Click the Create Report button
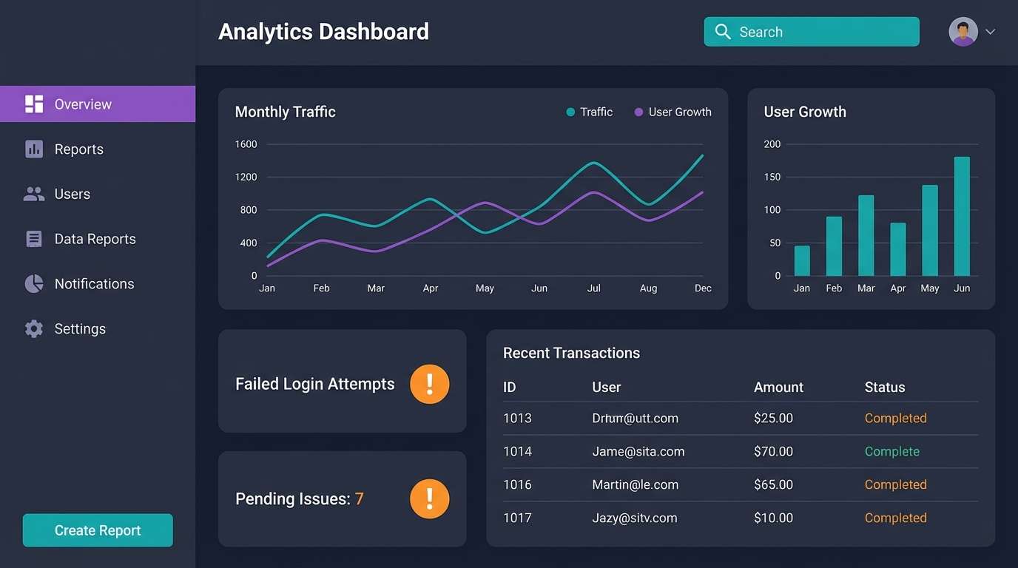click(x=98, y=530)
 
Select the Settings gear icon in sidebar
click(x=34, y=329)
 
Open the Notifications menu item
click(x=94, y=284)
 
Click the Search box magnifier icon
click(x=723, y=32)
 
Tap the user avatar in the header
click(x=963, y=32)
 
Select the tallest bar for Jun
click(x=962, y=216)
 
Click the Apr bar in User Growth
click(x=898, y=249)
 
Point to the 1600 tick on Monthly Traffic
click(x=246, y=144)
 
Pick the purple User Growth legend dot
click(x=638, y=112)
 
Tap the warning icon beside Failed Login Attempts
click(x=430, y=384)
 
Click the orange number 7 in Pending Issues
click(x=359, y=499)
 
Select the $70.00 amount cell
click(x=773, y=451)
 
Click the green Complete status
click(x=891, y=451)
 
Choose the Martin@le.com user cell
click(x=635, y=484)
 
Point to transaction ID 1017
click(x=517, y=518)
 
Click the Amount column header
click(x=778, y=387)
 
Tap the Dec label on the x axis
click(x=703, y=288)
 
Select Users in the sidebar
click(x=72, y=194)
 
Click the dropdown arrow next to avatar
click(x=990, y=32)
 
